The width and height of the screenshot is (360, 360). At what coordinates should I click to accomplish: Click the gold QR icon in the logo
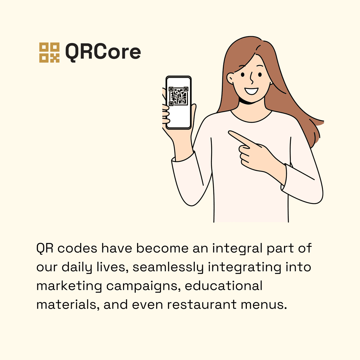point(49,52)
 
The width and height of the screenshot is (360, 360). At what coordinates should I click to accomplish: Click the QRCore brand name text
point(103,52)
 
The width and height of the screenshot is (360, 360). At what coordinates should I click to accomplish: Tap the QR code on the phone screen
point(179,96)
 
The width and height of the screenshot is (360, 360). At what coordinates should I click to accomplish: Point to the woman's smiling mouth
point(251,91)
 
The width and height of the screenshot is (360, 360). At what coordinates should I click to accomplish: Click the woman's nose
point(252,78)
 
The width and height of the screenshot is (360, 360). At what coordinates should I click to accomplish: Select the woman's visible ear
point(230,78)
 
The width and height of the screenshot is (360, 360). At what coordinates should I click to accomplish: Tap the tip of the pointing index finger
point(229,133)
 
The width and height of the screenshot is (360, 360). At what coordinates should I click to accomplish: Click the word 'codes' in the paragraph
point(77,248)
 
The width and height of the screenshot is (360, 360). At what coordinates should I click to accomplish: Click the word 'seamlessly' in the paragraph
point(168,268)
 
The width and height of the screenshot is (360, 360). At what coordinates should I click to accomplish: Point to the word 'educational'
point(224,286)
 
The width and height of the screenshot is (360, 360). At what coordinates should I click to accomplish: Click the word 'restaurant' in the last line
point(201,305)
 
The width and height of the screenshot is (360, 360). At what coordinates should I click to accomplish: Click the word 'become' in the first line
point(162,248)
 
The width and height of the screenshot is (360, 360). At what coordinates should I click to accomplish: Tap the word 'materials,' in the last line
point(68,305)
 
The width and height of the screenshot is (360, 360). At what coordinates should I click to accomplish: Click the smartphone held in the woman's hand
point(179,102)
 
